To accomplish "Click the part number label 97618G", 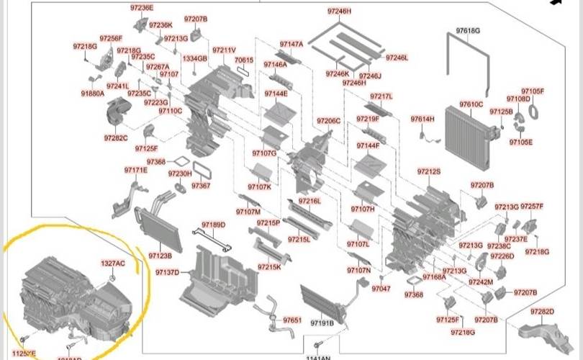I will tap(468, 30).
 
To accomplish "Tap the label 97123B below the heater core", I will tap(160, 256).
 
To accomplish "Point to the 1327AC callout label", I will tap(113, 264).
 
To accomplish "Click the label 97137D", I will tap(167, 273).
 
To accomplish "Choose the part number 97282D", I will tap(542, 312).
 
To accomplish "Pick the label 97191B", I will tap(321, 323).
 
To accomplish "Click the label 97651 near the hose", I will tap(292, 320).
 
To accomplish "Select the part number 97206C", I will tap(328, 121).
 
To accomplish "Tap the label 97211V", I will tap(224, 50).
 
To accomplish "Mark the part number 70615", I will tap(245, 60).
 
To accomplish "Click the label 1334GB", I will tap(194, 58).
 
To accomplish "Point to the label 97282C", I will tap(115, 138).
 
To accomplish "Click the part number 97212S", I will tap(429, 171).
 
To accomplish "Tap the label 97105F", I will tap(533, 91).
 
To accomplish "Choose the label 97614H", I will tap(422, 119).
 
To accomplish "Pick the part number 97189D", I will tap(213, 225).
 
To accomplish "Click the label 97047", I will tap(381, 289).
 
